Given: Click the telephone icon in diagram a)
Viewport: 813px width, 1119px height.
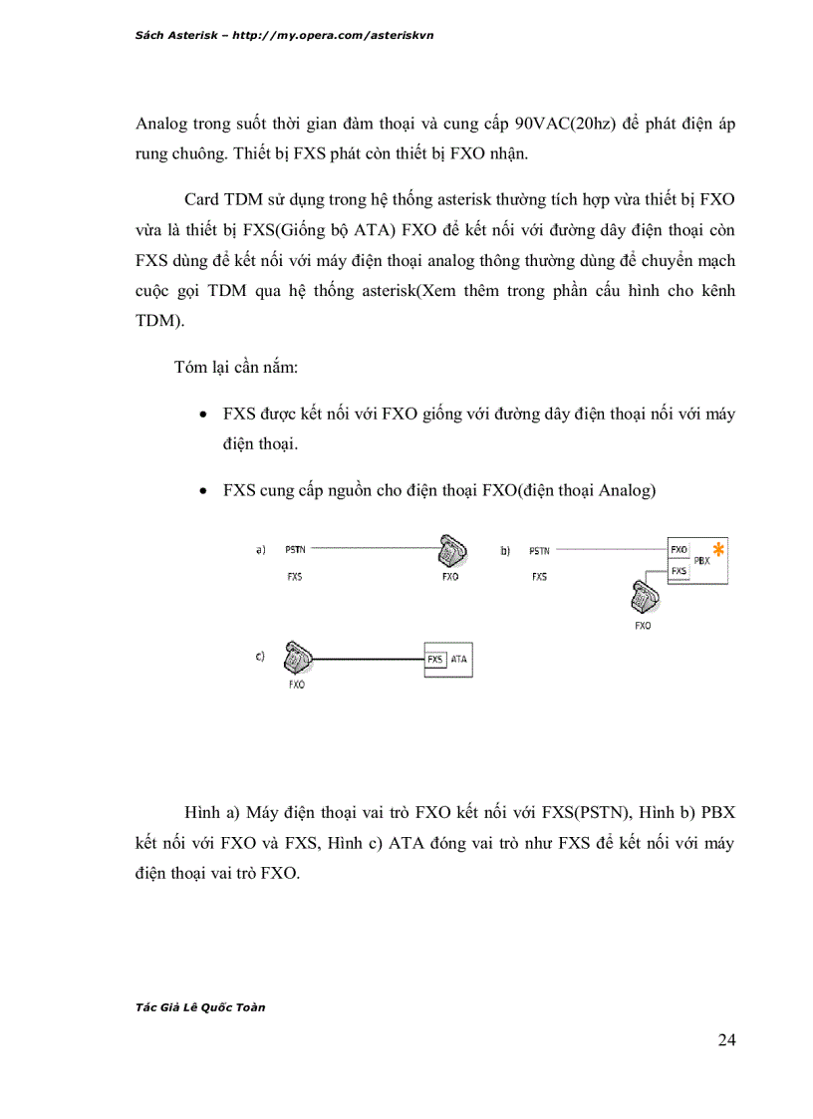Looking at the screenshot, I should (x=450, y=551).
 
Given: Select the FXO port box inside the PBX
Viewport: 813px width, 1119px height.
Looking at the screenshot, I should (x=679, y=549).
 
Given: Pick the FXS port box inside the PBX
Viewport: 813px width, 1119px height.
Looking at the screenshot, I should (x=679, y=570).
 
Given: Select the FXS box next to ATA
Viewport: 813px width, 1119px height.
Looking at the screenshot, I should (x=435, y=660).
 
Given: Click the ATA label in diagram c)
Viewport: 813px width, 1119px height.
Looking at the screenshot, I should (x=458, y=660).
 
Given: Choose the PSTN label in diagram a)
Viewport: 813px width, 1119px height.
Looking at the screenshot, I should (x=296, y=549).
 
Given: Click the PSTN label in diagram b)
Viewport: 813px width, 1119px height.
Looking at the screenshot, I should (x=539, y=549).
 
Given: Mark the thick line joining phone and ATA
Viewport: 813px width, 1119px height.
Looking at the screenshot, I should (x=369, y=660).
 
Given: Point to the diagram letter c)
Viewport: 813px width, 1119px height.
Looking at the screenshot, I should (x=260, y=656).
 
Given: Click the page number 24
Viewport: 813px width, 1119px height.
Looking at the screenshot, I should (x=726, y=1041).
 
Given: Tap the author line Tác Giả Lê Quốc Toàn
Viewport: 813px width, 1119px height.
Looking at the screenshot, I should (x=199, y=1006).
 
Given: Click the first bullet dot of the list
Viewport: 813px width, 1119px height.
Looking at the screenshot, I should (x=204, y=415).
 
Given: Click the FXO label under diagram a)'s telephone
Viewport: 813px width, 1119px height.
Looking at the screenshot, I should (x=449, y=577).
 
